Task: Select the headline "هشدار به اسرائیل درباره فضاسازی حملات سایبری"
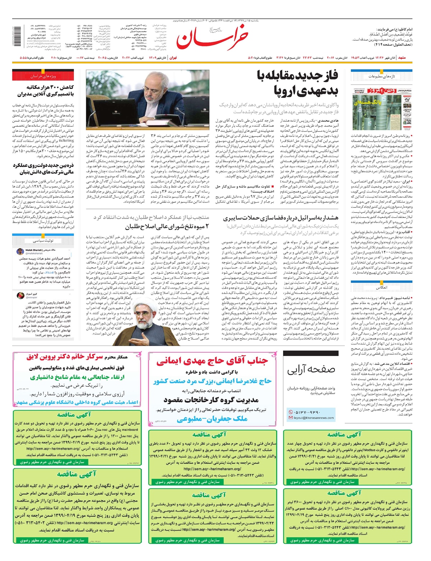281,218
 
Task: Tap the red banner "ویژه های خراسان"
43,76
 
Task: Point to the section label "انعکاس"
381,288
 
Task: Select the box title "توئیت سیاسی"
43,241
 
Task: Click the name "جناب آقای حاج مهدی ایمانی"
212,361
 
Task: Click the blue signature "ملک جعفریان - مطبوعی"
212,419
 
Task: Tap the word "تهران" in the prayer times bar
173,58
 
